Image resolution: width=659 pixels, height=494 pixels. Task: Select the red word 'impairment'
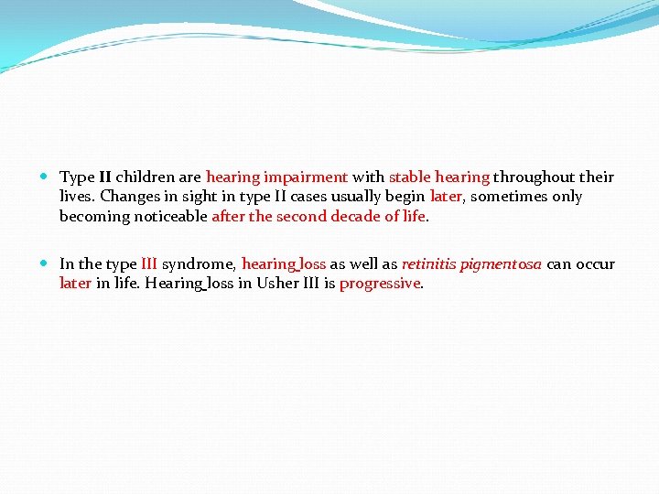point(306,177)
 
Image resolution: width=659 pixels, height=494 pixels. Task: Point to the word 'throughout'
point(533,177)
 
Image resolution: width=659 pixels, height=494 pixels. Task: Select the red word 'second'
point(300,217)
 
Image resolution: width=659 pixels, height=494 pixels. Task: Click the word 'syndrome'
point(199,264)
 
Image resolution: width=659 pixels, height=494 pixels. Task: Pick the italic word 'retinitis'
point(428,264)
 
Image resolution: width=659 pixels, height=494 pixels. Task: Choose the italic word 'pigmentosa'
point(501,264)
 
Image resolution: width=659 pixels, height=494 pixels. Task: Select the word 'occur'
point(595,264)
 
